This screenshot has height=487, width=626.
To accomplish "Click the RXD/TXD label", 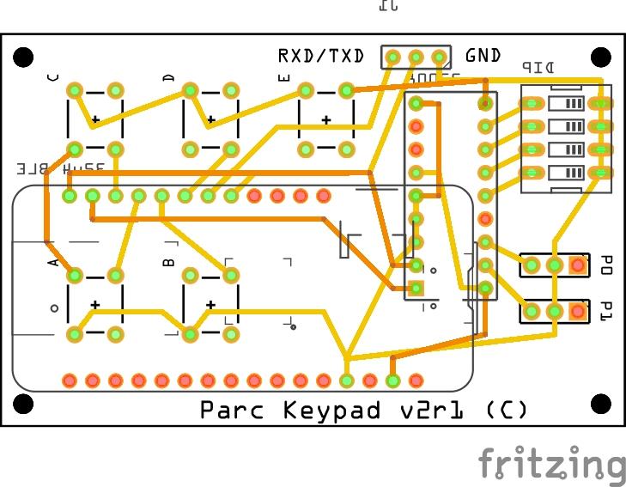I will pyautogui.click(x=320, y=57).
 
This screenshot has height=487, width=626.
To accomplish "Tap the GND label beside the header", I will pyautogui.click(x=483, y=56).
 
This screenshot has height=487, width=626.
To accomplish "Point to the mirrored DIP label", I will pyautogui.click(x=538, y=68).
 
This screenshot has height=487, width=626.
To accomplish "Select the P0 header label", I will pyautogui.click(x=606, y=264).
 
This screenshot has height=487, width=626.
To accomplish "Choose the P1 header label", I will pyautogui.click(x=606, y=310).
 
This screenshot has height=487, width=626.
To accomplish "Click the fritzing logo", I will pyautogui.click(x=552, y=465).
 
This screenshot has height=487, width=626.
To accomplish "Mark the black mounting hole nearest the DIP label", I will pyautogui.click(x=601, y=58).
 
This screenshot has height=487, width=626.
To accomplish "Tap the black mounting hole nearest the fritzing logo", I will pyautogui.click(x=601, y=403).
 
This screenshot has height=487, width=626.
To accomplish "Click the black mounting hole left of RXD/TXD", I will pyautogui.click(x=24, y=58).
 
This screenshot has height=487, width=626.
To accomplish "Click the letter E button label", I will pyautogui.click(x=285, y=77).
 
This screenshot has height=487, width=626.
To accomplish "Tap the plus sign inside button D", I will pyautogui.click(x=210, y=120).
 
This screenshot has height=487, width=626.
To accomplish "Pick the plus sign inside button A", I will pyautogui.click(x=94, y=305).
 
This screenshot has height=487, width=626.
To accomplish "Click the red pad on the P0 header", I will pyautogui.click(x=578, y=265).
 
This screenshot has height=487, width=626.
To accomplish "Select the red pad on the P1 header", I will pyautogui.click(x=578, y=310).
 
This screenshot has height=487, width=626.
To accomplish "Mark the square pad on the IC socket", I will pyautogui.click(x=416, y=288).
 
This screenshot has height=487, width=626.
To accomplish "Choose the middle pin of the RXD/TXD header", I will pyautogui.click(x=416, y=58).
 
